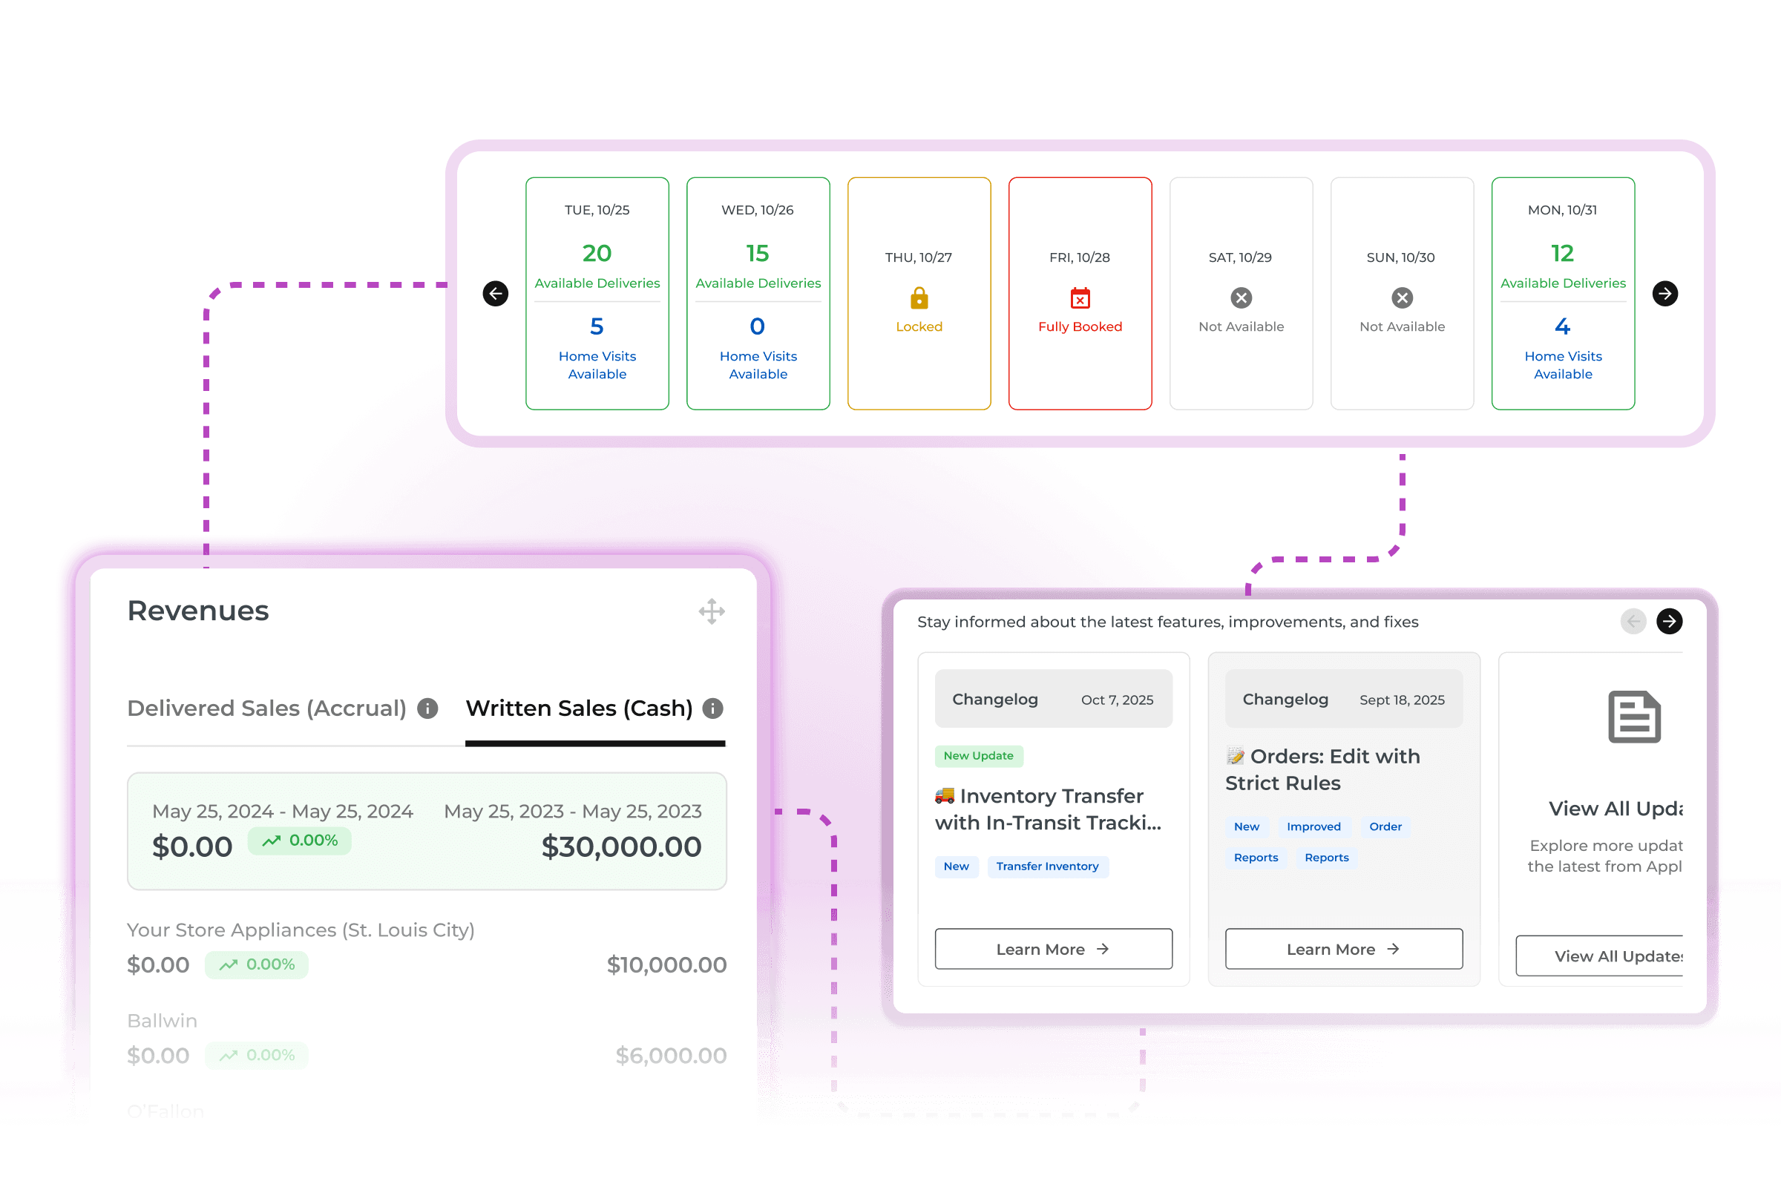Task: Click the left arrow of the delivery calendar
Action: pyautogui.click(x=495, y=294)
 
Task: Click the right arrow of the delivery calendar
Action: pyautogui.click(x=1664, y=294)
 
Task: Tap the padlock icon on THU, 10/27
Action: pyautogui.click(x=919, y=298)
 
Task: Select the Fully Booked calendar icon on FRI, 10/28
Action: pyautogui.click(x=1080, y=298)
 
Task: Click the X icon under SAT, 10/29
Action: pyautogui.click(x=1241, y=298)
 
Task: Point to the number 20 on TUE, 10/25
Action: pyautogui.click(x=597, y=253)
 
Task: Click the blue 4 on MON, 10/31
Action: pyautogui.click(x=1562, y=326)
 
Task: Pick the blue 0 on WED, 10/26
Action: pyautogui.click(x=757, y=326)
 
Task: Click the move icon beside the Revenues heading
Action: pyautogui.click(x=712, y=611)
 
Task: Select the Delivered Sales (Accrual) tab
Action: pyautogui.click(x=266, y=708)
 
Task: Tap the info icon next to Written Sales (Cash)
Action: pyautogui.click(x=712, y=708)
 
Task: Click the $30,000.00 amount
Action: pyautogui.click(x=621, y=847)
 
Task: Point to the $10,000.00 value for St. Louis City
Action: pyautogui.click(x=666, y=965)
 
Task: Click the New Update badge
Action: pyautogui.click(x=978, y=755)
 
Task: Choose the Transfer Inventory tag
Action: pyautogui.click(x=1047, y=866)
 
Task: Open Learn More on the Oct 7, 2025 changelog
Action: pyautogui.click(x=1053, y=950)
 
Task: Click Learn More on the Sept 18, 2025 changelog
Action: pyautogui.click(x=1343, y=950)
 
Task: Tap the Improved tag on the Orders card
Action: pyautogui.click(x=1313, y=826)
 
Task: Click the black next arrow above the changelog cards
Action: pyautogui.click(x=1669, y=622)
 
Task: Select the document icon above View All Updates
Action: pyautogui.click(x=1634, y=716)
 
